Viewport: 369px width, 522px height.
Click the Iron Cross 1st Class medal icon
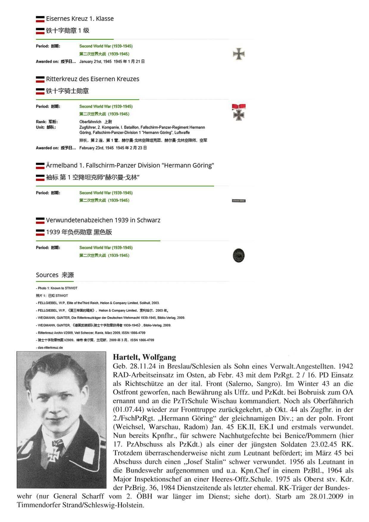pos(239,54)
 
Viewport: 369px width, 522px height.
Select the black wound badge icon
pos(239,255)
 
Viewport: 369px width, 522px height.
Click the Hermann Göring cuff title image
pos(239,201)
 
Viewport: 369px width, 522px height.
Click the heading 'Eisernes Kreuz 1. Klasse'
pos(80,19)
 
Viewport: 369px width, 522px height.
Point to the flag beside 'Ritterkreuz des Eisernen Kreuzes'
pos(40,79)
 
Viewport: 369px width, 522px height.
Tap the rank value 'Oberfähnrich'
pos(90,122)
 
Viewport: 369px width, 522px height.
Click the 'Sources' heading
pos(47,275)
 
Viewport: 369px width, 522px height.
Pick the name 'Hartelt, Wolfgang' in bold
pos(144,357)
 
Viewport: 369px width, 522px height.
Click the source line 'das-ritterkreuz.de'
pos(50,348)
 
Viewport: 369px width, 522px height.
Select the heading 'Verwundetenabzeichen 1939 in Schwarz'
pos(103,220)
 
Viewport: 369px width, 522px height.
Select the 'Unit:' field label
pos(41,127)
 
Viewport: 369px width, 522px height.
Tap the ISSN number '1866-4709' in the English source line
pos(138,333)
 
